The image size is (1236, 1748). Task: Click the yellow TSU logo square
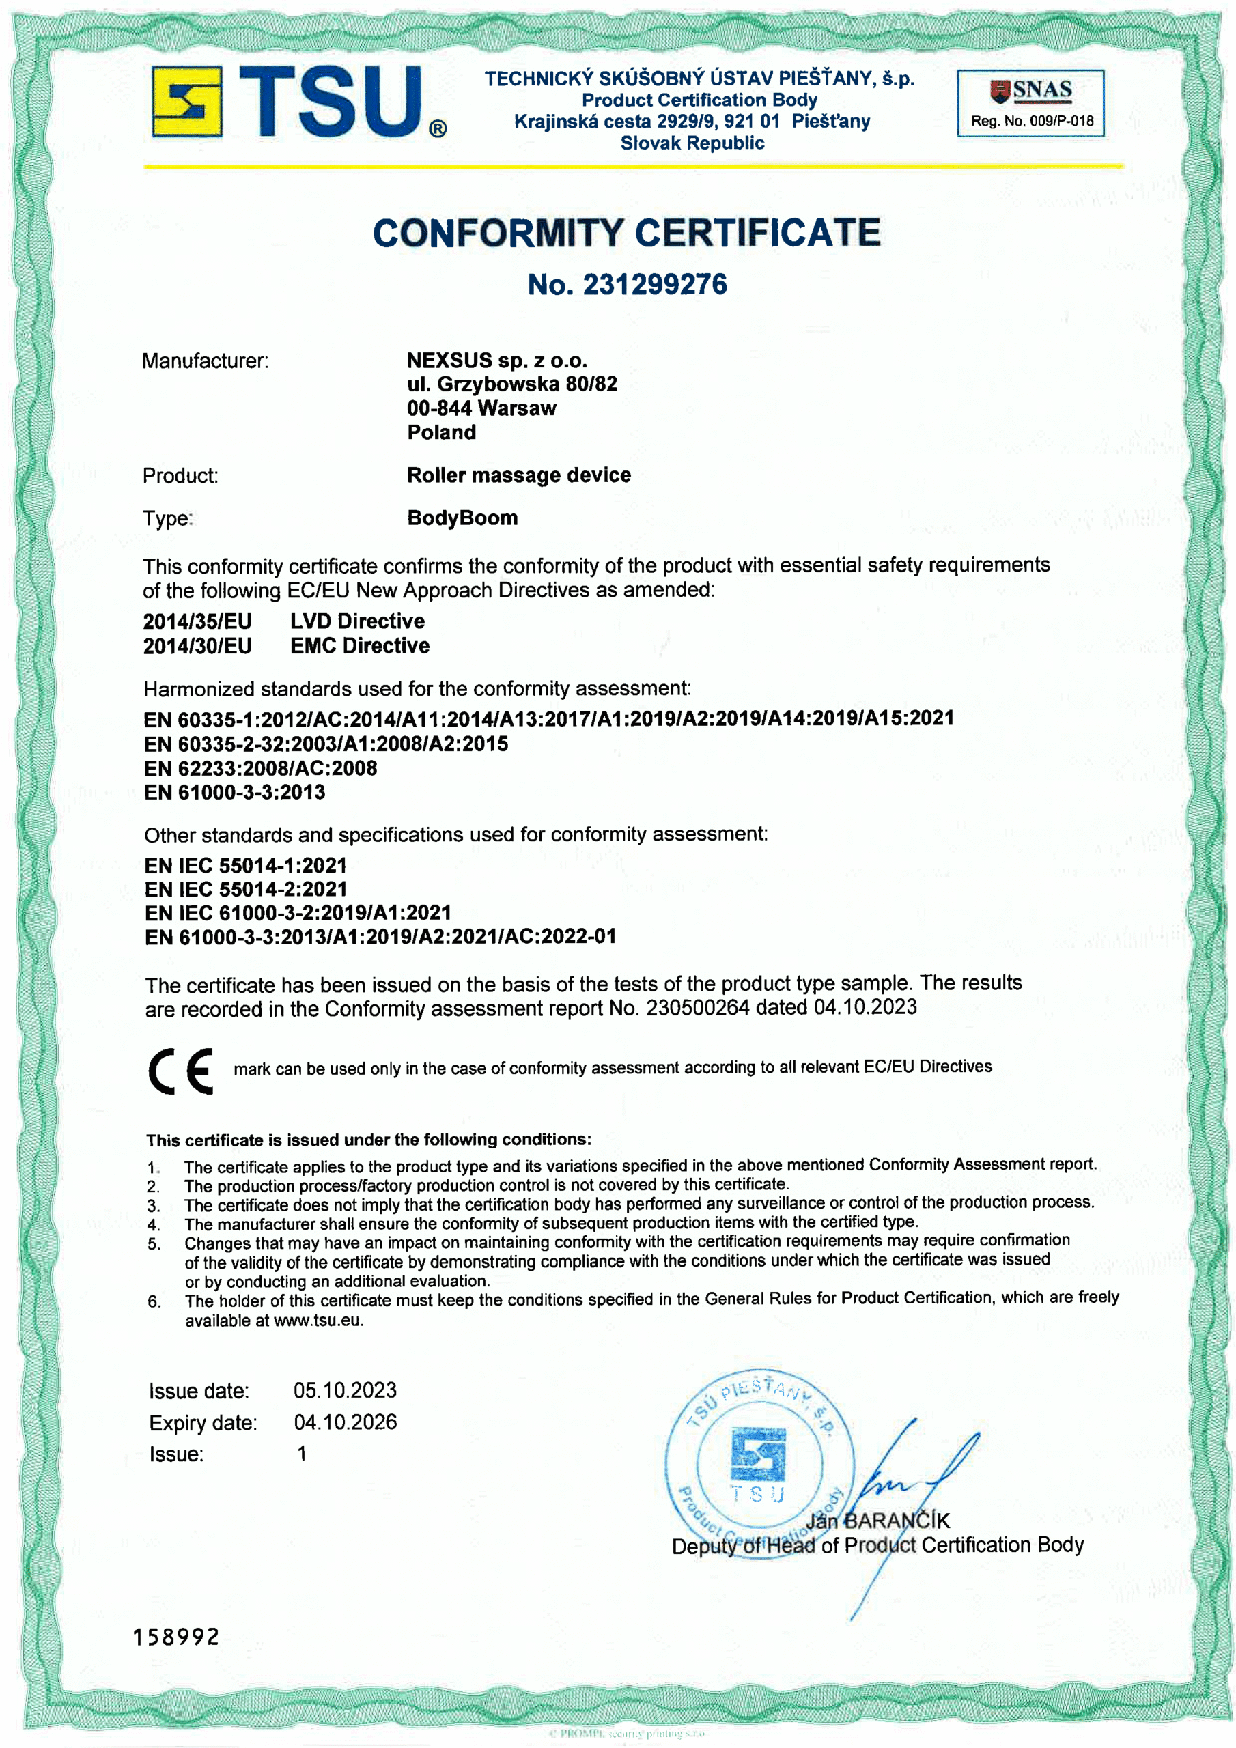click(x=186, y=101)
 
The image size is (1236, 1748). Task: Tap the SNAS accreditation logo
click(x=1032, y=91)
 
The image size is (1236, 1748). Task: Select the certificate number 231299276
click(x=654, y=285)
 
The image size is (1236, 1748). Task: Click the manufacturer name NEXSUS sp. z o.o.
click(x=496, y=360)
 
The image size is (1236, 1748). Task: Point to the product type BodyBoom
click(x=462, y=518)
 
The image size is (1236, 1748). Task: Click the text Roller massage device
click(x=518, y=475)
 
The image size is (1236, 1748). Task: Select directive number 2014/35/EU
click(x=197, y=621)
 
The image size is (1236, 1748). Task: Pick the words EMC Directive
click(x=359, y=646)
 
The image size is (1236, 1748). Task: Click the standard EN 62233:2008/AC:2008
click(x=260, y=768)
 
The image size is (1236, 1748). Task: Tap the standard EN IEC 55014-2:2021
click(x=245, y=888)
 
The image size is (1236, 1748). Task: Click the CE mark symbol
click(x=181, y=1071)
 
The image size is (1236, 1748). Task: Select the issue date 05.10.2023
click(x=345, y=1390)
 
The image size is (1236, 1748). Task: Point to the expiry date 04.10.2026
click(x=345, y=1422)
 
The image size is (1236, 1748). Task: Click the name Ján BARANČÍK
click(x=877, y=1521)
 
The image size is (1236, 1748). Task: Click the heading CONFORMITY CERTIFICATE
click(x=626, y=233)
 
